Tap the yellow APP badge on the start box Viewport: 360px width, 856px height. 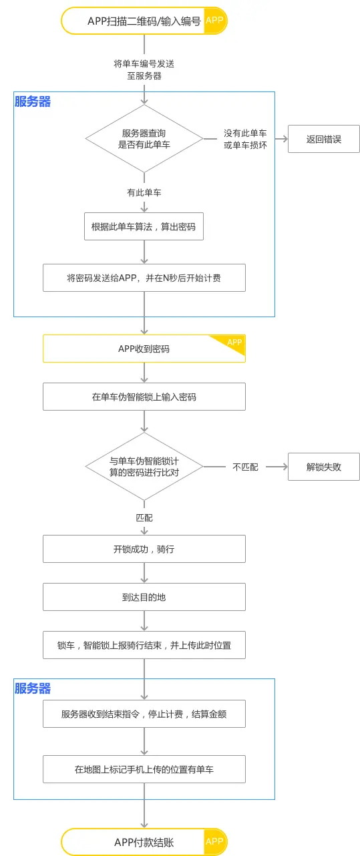pyautogui.click(x=214, y=21)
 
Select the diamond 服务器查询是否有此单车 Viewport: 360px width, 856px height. pyautogui.click(x=144, y=139)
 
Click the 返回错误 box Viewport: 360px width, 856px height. pyautogui.click(x=323, y=139)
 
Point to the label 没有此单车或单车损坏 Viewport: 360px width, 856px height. pyautogui.click(x=245, y=139)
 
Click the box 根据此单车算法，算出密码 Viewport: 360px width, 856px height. pyautogui.click(x=144, y=226)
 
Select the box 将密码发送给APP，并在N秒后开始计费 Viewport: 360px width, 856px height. pyautogui.click(x=144, y=278)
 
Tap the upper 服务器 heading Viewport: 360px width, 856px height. pyautogui.click(x=33, y=101)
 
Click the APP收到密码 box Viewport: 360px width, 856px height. pyautogui.click(x=144, y=349)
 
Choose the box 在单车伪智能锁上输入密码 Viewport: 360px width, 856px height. pyautogui.click(x=144, y=397)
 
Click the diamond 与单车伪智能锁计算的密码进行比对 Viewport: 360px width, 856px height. pyautogui.click(x=144, y=466)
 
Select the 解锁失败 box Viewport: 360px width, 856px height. pyautogui.click(x=323, y=467)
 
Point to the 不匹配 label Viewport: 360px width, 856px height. pyautogui.click(x=245, y=467)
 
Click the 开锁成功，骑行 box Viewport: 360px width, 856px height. pyautogui.click(x=144, y=549)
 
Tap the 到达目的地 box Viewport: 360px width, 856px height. pyautogui.click(x=144, y=597)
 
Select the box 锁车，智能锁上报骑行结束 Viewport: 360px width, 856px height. pyautogui.click(x=144, y=645)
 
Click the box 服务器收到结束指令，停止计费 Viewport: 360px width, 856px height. pyautogui.click(x=144, y=714)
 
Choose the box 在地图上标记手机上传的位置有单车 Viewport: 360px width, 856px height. pyautogui.click(x=144, y=769)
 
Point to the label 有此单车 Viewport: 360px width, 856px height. pyautogui.click(x=144, y=192)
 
